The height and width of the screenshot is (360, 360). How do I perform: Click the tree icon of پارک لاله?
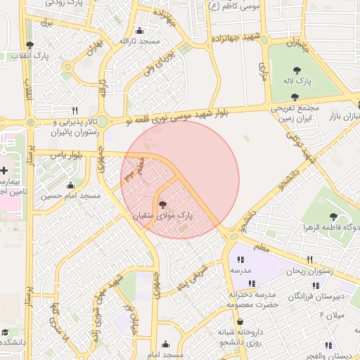297,70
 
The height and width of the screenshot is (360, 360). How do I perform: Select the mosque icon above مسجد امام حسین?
69,185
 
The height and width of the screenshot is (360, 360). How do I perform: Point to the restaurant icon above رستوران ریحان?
309,259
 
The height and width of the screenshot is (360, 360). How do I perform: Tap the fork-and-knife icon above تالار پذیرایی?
75,110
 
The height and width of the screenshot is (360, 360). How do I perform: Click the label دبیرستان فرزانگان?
318,296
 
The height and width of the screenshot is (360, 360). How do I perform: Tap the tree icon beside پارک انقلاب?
29,45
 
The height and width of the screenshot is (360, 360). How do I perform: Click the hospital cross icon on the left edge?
4,170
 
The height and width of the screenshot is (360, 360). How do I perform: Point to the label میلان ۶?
332,316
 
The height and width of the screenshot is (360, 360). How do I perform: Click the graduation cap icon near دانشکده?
5,331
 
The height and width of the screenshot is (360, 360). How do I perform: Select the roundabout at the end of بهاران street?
68,67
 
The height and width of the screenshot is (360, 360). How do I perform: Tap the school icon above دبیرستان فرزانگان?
316,285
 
